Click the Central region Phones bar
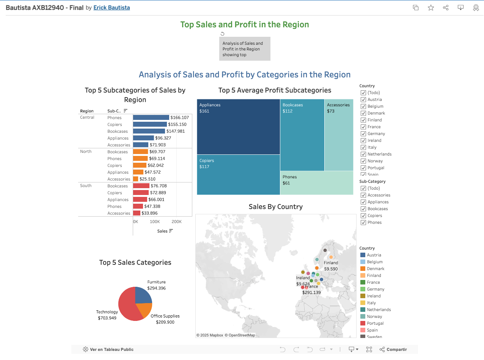pos(151,118)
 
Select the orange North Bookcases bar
pos(140,152)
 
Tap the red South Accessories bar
pos(137,213)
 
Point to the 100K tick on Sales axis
pos(155,222)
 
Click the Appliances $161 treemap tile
pos(238,127)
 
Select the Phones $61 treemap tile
pos(316,183)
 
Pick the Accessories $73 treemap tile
pos(339,135)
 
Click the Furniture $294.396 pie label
pos(156,285)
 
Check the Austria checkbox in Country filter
pos(363,99)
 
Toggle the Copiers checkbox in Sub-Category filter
pos(363,215)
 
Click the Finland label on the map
pos(331,263)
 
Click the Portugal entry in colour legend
pos(375,323)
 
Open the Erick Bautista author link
pos(112,8)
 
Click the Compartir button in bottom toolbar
pos(393,349)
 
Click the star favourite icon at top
pos(431,8)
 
